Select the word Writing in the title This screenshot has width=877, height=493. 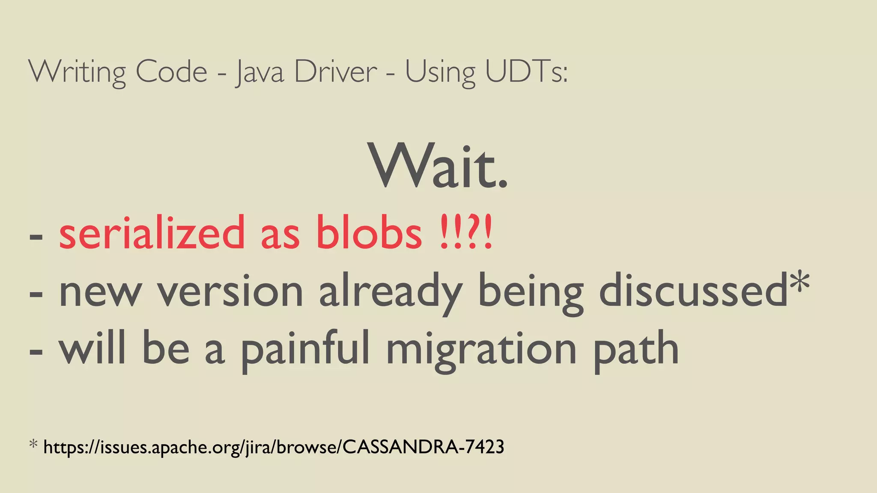(x=77, y=72)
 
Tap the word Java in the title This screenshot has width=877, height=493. (x=260, y=72)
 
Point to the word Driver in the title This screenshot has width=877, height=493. (x=335, y=72)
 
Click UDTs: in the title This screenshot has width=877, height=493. (x=526, y=72)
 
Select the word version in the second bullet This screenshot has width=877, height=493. (x=230, y=292)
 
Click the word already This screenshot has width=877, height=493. (x=390, y=292)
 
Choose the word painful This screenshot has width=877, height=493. (x=304, y=349)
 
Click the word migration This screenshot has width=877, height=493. (x=481, y=349)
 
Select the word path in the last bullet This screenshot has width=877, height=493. (x=636, y=349)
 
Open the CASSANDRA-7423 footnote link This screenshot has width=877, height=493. (x=274, y=447)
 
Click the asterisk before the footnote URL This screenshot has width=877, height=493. (x=33, y=445)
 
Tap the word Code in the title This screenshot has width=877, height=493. (x=171, y=72)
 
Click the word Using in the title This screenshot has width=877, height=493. (x=440, y=72)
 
